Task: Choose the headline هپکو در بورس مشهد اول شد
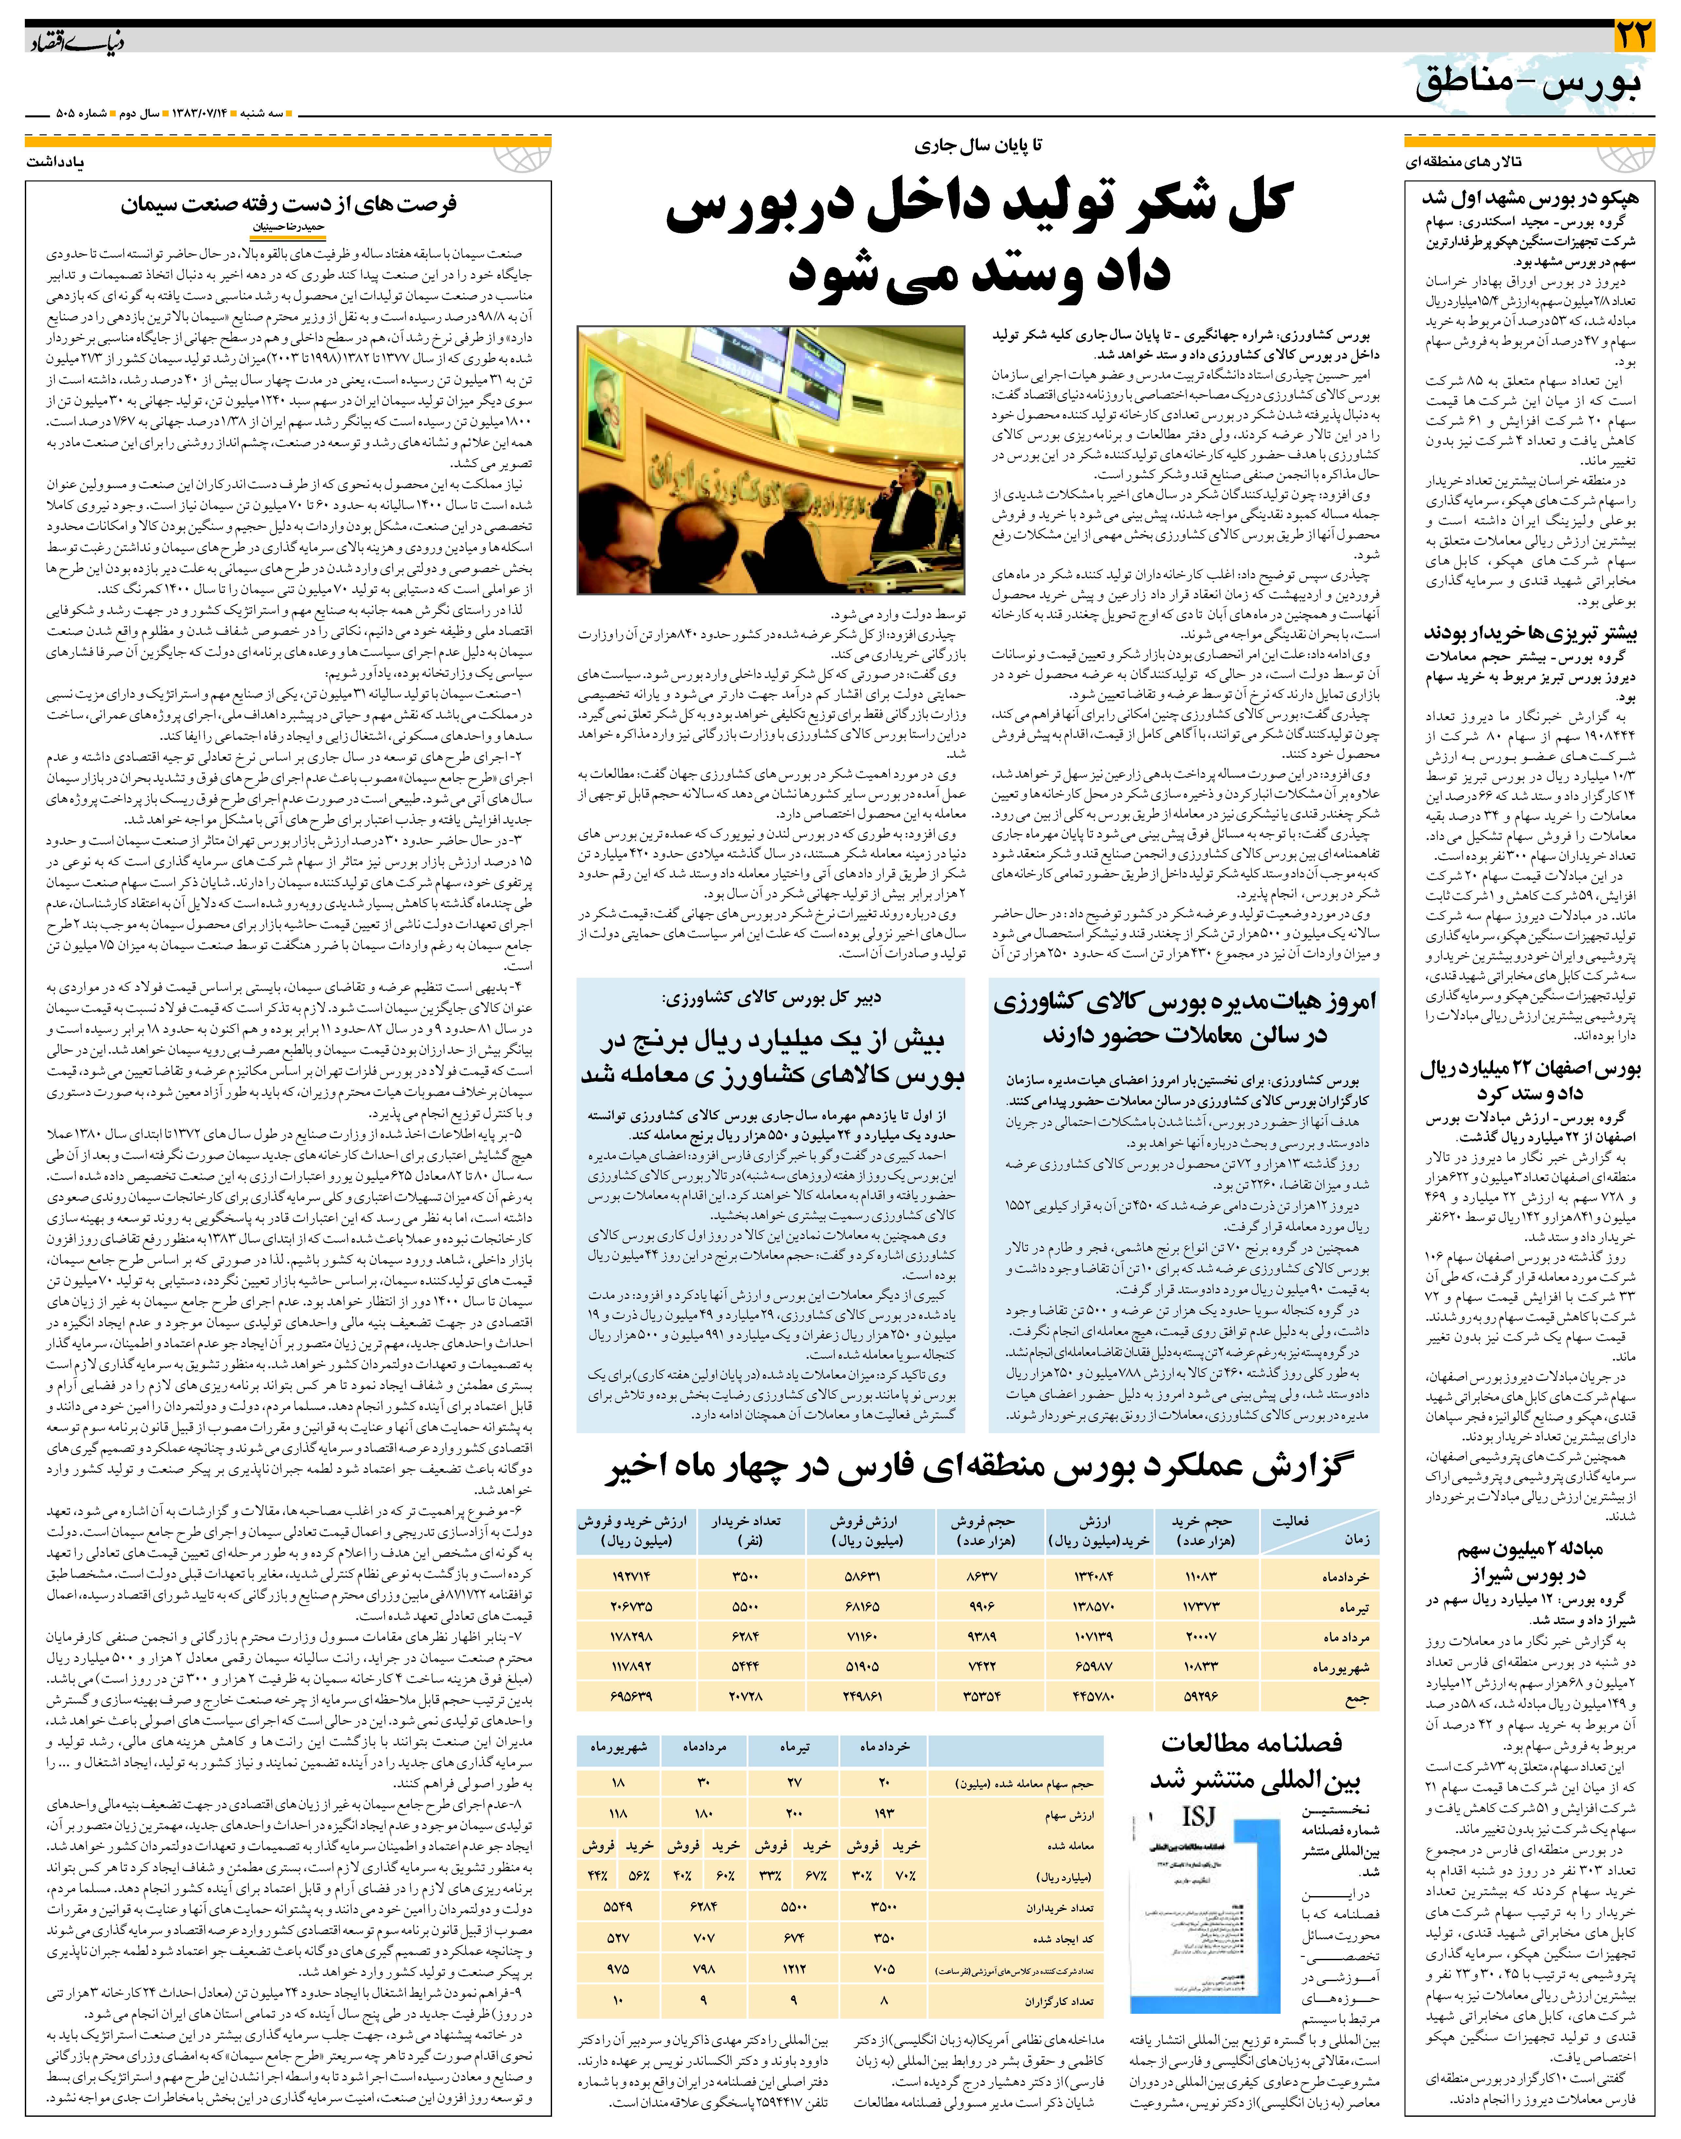(x=1528, y=197)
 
